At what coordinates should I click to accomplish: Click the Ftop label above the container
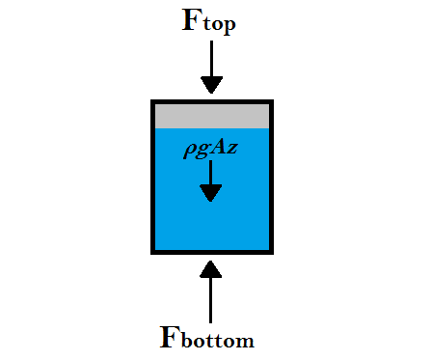[x=209, y=22]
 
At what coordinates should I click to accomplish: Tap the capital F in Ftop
[x=192, y=20]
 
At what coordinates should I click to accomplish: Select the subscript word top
[x=219, y=24]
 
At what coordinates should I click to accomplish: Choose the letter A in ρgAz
[x=221, y=151]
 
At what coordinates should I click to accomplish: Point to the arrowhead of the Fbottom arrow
[x=211, y=266]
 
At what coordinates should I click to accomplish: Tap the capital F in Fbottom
[x=169, y=335]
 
